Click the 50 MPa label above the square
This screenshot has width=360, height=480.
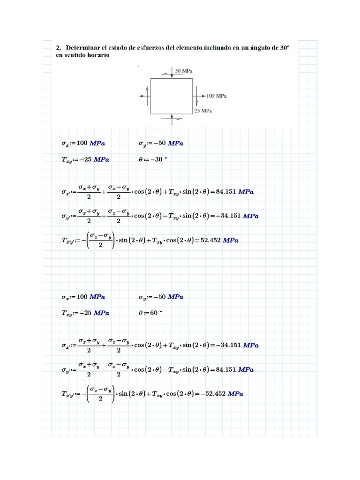tap(184, 70)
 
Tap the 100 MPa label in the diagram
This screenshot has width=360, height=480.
tap(216, 96)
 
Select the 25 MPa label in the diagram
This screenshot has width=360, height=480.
tap(203, 111)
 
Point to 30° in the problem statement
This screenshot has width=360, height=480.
tap(283, 47)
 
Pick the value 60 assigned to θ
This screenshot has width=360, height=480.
tap(155, 312)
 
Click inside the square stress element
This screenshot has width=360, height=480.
tap(171, 96)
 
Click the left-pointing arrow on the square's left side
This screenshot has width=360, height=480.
tap(142, 96)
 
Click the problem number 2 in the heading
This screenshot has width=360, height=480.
tap(58, 47)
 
